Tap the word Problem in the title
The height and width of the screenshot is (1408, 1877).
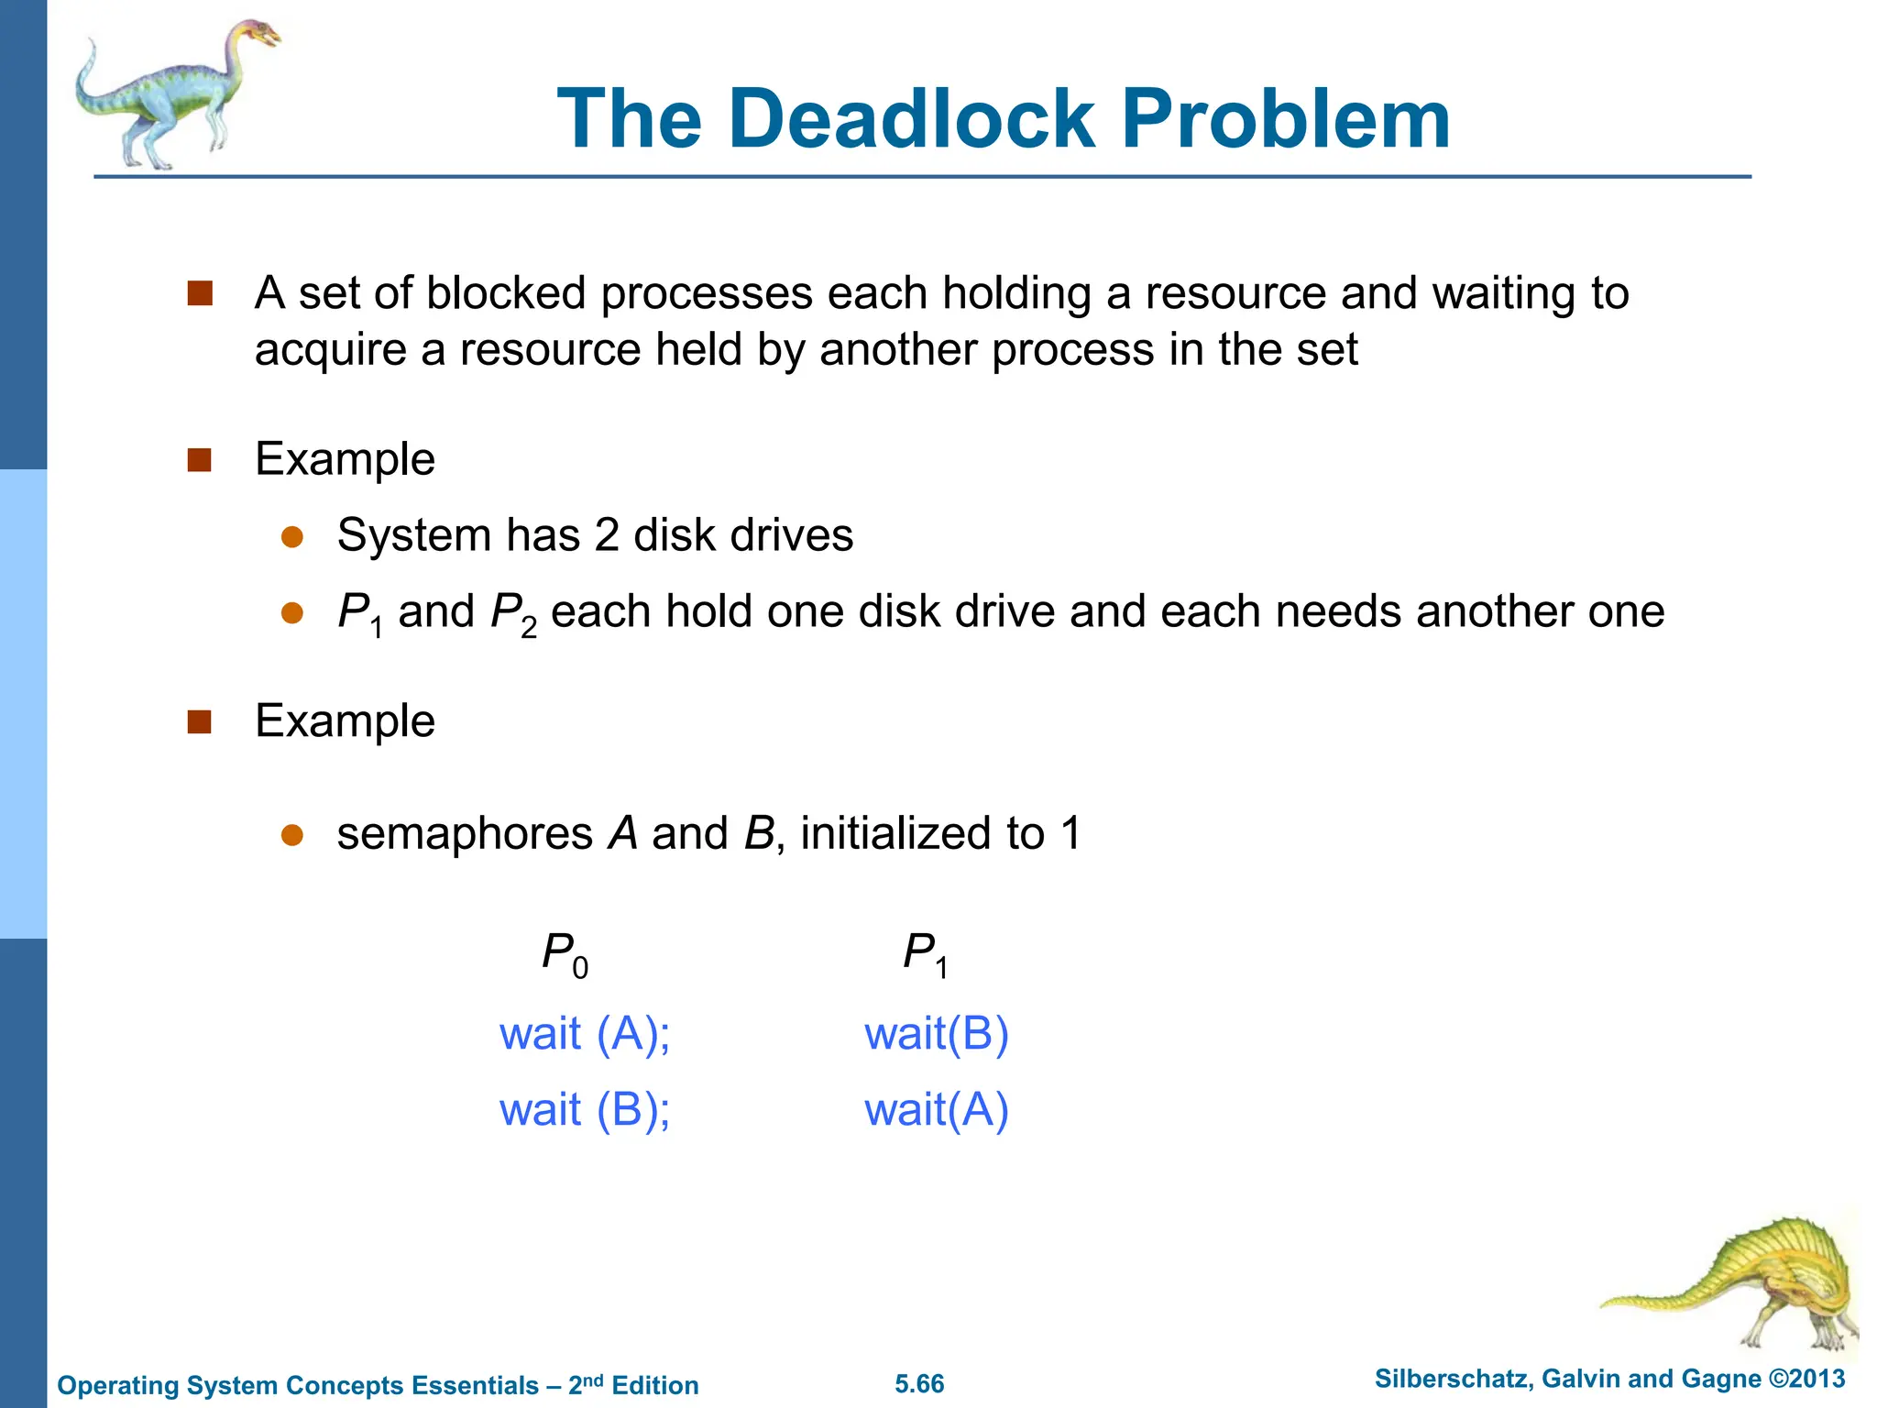tap(1286, 119)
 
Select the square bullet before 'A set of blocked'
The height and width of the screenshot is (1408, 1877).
tap(199, 294)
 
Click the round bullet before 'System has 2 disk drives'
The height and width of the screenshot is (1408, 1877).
tap(292, 537)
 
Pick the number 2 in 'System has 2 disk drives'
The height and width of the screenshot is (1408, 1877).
tap(606, 535)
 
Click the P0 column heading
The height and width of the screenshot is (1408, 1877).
tap(565, 954)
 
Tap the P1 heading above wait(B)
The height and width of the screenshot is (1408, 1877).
tap(925, 954)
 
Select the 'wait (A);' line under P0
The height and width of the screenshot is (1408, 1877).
tap(585, 1034)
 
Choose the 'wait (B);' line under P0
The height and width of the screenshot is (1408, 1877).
tap(585, 1110)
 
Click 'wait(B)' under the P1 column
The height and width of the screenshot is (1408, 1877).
tap(936, 1034)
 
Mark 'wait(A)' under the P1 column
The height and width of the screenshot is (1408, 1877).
tap(936, 1110)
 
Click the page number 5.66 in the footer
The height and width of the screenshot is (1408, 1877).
tap(919, 1384)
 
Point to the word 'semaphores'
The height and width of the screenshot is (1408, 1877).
tap(465, 834)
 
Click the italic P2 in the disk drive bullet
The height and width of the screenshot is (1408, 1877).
tap(513, 613)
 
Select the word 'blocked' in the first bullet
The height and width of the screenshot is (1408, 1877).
tap(505, 294)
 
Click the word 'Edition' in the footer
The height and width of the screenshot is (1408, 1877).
tap(654, 1385)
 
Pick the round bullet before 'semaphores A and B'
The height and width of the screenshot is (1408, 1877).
tap(292, 835)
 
